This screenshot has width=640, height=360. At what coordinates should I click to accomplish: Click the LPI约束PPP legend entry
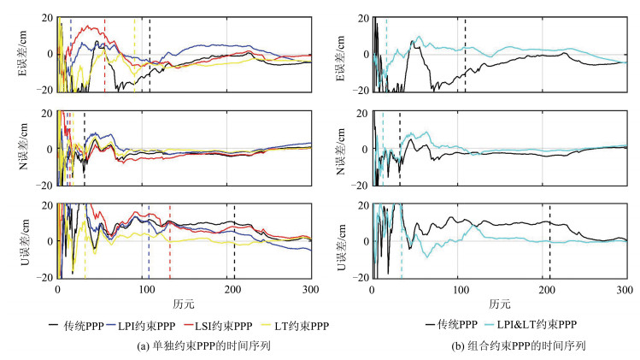[125, 325]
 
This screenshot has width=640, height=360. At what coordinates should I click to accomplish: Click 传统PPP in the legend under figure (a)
[50, 325]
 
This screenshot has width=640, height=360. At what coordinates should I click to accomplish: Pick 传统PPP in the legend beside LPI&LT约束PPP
[443, 325]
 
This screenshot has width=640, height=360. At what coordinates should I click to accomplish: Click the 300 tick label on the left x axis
[310, 290]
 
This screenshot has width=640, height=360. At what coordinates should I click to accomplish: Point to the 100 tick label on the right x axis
[457, 290]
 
